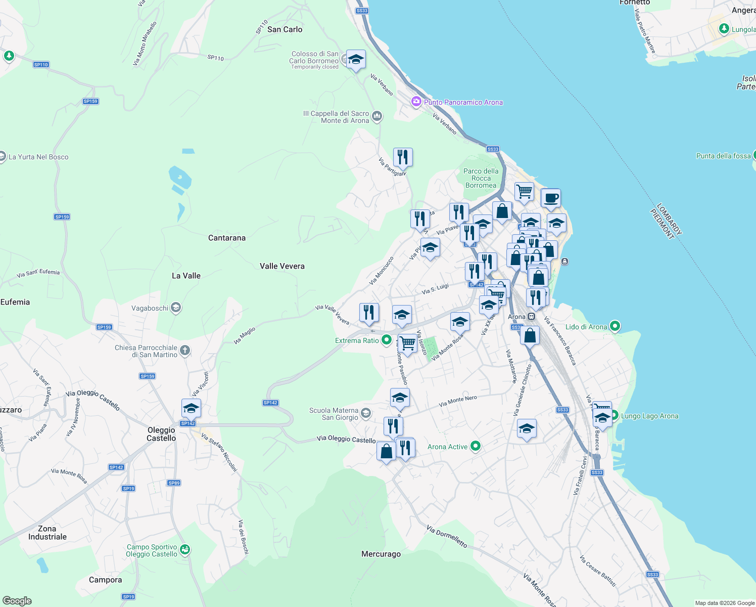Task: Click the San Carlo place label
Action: pyautogui.click(x=285, y=29)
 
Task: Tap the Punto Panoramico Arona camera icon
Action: pyautogui.click(x=416, y=102)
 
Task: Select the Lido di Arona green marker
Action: pyautogui.click(x=615, y=326)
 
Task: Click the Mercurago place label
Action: pyautogui.click(x=381, y=554)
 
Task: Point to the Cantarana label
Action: pyautogui.click(x=227, y=238)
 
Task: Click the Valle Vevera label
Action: pyautogui.click(x=282, y=266)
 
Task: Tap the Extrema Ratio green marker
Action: pyautogui.click(x=387, y=340)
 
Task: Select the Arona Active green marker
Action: pyautogui.click(x=475, y=446)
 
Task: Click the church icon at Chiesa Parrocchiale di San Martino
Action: pyautogui.click(x=185, y=351)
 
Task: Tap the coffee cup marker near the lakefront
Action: pyautogui.click(x=551, y=198)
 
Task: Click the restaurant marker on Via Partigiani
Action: pyautogui.click(x=403, y=157)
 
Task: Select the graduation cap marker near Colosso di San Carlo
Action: pyautogui.click(x=356, y=59)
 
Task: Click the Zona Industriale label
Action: pyautogui.click(x=47, y=533)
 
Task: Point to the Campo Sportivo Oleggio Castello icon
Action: pyautogui.click(x=185, y=550)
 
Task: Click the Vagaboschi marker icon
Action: pyautogui.click(x=175, y=308)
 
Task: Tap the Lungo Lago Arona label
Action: pyautogui.click(x=649, y=416)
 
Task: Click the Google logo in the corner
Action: pyautogui.click(x=17, y=600)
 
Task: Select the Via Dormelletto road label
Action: pyautogui.click(x=447, y=536)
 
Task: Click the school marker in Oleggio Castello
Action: pyautogui.click(x=191, y=408)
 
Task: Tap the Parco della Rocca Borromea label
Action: pyautogui.click(x=481, y=178)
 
